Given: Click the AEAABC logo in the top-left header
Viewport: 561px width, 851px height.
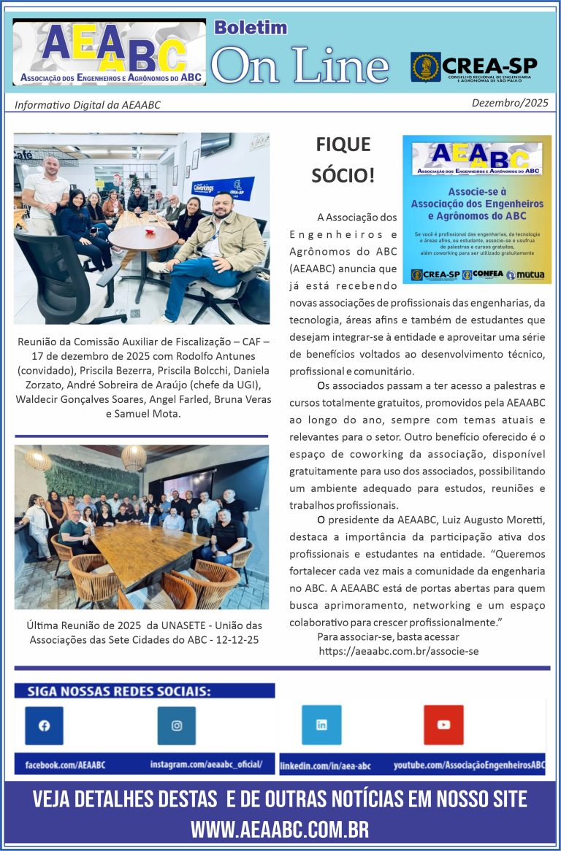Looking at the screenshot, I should [110, 53].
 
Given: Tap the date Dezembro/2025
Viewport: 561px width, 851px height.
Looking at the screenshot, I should [509, 103].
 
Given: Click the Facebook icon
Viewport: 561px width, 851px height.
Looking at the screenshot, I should [44, 725].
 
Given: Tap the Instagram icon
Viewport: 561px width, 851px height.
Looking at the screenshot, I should [177, 725].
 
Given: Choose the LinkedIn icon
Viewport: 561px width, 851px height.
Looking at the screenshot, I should [321, 725].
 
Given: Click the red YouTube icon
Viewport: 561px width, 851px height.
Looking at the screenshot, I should [443, 725].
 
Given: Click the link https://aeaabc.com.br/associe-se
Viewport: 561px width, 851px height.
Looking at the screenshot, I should [399, 650].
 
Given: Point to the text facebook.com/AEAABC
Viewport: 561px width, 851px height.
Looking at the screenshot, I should [66, 765].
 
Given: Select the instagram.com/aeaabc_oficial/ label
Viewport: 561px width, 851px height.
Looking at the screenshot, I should [206, 764].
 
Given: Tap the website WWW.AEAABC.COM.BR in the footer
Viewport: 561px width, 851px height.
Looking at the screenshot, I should [280, 829].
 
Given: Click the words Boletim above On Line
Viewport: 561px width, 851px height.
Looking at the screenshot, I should [250, 28].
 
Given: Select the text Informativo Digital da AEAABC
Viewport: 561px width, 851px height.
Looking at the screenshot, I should [87, 104].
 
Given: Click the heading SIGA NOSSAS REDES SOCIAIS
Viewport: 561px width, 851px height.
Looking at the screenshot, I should [119, 690].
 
